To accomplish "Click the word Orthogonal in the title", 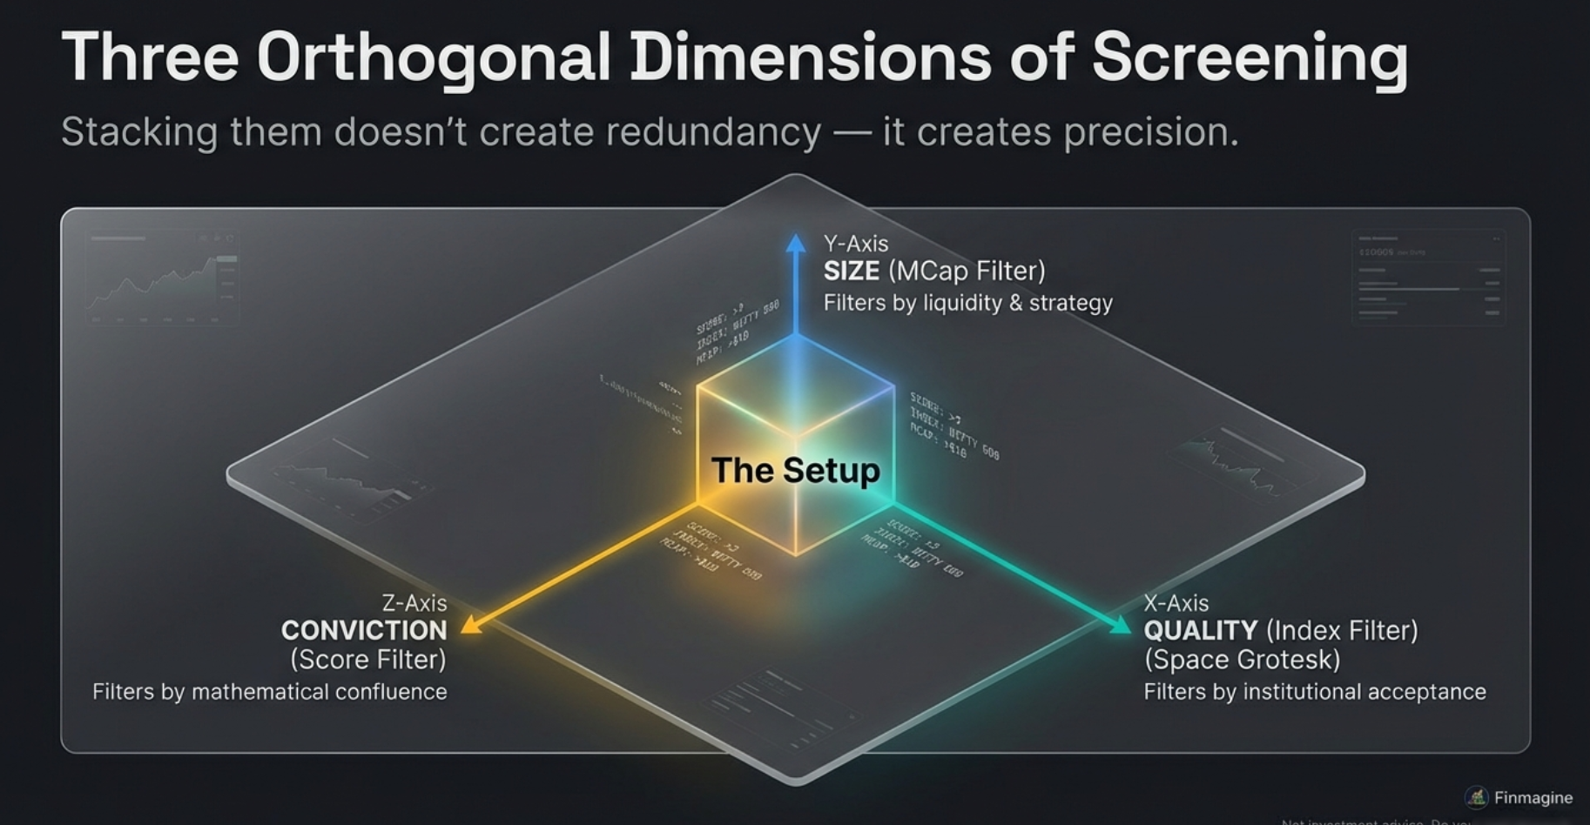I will pyautogui.click(x=433, y=57).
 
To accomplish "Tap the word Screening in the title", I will pyautogui.click(x=1249, y=57).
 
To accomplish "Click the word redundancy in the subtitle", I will pyautogui.click(x=713, y=132).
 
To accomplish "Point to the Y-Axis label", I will pyautogui.click(x=856, y=244).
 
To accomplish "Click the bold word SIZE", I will pyautogui.click(x=852, y=272).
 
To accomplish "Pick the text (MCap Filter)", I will pyautogui.click(x=967, y=272).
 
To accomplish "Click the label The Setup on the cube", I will pyautogui.click(x=795, y=471).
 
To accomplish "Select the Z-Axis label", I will pyautogui.click(x=414, y=603).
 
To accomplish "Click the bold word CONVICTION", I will pyautogui.click(x=364, y=631).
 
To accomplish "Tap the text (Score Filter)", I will pyautogui.click(x=368, y=660).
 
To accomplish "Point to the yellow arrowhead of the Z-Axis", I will pyautogui.click(x=470, y=624).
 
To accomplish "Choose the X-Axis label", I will pyautogui.click(x=1176, y=603).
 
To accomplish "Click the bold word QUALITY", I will pyautogui.click(x=1200, y=631).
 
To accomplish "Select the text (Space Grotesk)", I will pyautogui.click(x=1242, y=660).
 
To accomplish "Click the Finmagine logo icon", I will pyautogui.click(x=1477, y=797).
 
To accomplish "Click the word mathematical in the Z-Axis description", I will pyautogui.click(x=259, y=692).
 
